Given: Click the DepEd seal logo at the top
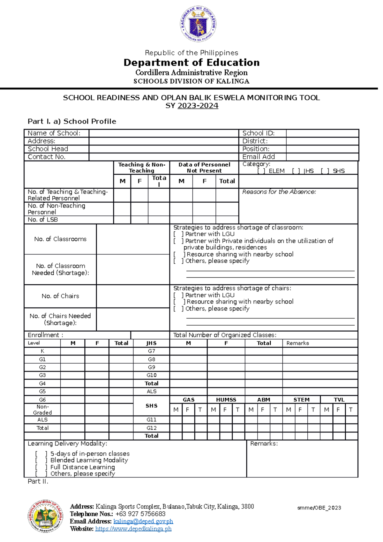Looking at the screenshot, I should [198, 24].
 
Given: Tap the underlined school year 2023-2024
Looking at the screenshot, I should [198, 106].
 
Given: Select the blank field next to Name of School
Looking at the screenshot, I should [164, 133].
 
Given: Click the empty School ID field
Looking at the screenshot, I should [322, 133].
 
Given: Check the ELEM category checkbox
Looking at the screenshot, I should [261, 171].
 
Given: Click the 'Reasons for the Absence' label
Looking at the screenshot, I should [279, 192].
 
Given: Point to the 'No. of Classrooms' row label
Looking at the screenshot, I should [60, 239].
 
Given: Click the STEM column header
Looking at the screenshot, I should [301, 400].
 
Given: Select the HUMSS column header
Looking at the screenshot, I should [226, 400].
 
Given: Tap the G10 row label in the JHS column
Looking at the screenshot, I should [152, 375].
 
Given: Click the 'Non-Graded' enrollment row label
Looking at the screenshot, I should [42, 410].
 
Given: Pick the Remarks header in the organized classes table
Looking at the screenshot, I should [297, 343].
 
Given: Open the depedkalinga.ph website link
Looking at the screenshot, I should [133, 529].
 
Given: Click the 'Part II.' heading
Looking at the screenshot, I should [38, 481].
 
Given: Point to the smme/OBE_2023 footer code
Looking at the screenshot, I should [319, 508].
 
